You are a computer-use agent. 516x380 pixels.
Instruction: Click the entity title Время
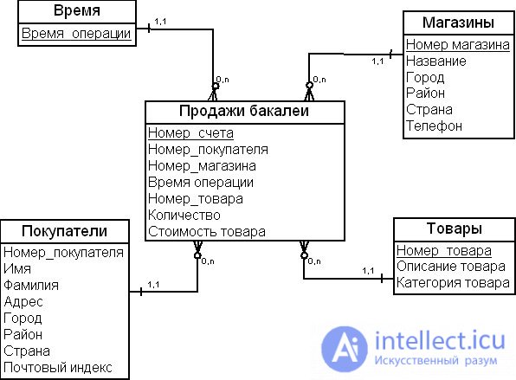pos(77,11)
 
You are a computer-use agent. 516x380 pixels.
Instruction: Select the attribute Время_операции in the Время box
pos(76,34)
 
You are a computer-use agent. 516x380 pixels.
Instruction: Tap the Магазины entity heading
pos(458,23)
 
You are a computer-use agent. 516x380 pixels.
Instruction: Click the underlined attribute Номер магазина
pos(457,44)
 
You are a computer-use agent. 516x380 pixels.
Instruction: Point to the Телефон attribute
pos(434,126)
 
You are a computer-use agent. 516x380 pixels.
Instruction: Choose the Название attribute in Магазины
pos(436,61)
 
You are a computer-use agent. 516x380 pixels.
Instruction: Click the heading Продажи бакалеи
pos(244,111)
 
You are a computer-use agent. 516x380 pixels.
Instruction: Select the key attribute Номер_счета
pos(190,133)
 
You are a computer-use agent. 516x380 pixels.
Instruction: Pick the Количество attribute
pos(184,216)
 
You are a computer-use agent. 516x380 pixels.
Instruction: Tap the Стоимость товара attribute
pos(207,232)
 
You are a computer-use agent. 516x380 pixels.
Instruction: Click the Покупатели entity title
pos(64,231)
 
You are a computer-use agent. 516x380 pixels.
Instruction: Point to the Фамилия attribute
pos(31,285)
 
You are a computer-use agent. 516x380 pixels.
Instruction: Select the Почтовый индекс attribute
pos(58,367)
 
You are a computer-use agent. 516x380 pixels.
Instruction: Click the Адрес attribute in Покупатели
pos(23,301)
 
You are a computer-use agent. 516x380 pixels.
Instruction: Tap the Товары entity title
pos(455,229)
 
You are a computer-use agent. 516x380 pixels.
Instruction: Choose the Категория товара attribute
pos(453,282)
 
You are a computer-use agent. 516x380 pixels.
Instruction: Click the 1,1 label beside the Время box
pos(160,22)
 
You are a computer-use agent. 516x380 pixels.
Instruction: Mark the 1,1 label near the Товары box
pos(368,271)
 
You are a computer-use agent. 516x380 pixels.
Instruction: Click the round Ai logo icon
pos(345,349)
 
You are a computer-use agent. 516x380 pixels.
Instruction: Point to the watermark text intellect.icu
pos(440,340)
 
